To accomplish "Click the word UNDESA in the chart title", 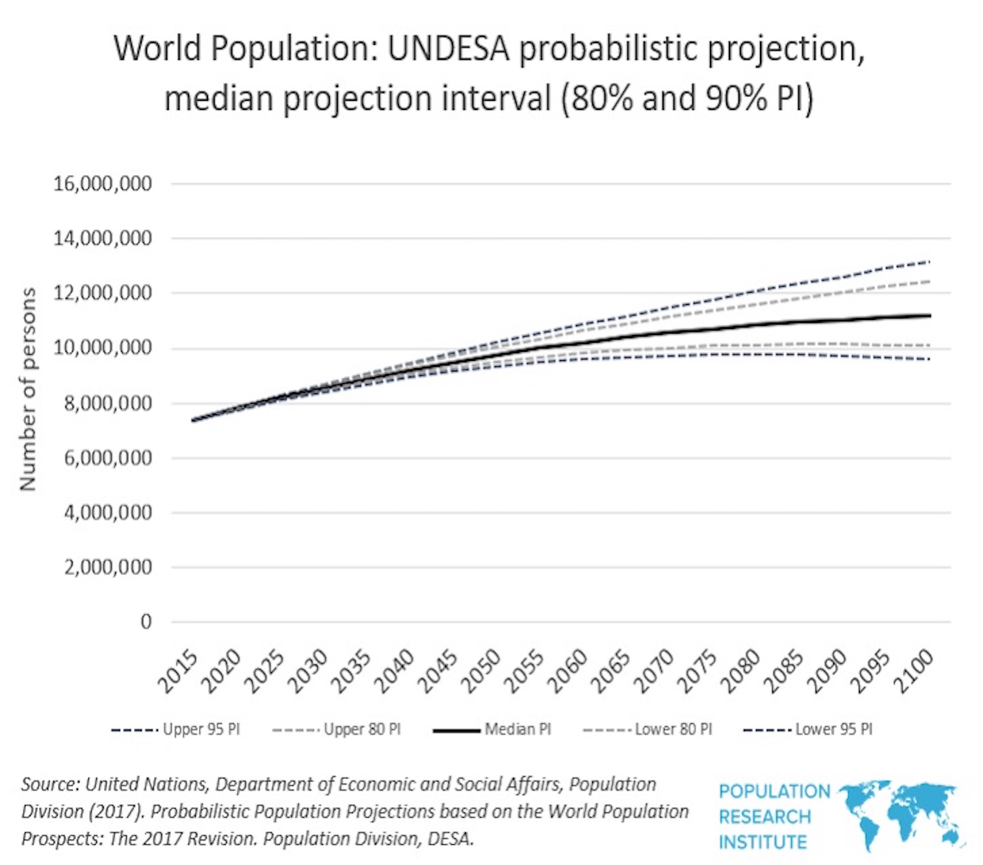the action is click(x=449, y=48).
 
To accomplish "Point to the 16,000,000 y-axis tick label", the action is click(x=102, y=184).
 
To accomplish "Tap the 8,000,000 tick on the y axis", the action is click(x=108, y=403).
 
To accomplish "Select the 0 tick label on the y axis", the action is click(x=146, y=622).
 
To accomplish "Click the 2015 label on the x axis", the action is click(x=179, y=672).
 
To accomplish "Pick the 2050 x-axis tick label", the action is click(x=480, y=672).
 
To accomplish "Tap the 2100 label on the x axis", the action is click(x=913, y=672).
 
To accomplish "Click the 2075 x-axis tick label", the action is click(x=697, y=672).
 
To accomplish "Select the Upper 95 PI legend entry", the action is click(x=176, y=730).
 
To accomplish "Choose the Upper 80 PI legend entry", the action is click(x=337, y=730).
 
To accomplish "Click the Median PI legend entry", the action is click(x=492, y=730).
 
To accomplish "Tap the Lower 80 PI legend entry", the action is click(x=648, y=730).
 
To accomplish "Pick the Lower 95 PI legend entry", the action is click(x=808, y=730).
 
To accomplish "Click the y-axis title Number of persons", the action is click(x=28, y=389).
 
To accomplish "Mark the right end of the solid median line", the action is click(x=930, y=315).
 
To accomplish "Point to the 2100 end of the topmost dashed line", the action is click(x=930, y=261).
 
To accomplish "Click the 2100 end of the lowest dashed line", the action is click(x=930, y=359).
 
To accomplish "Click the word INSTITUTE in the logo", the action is click(x=763, y=842).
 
